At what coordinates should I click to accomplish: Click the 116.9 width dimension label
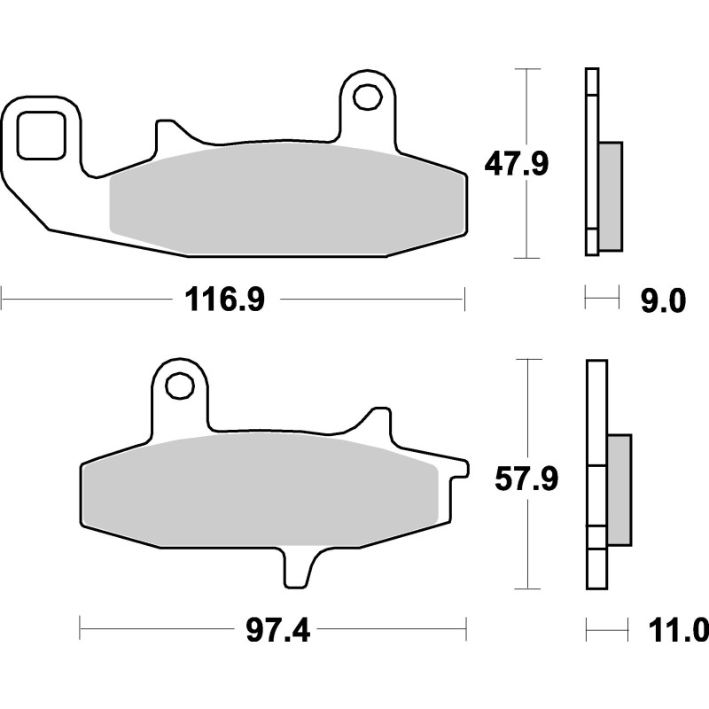224,300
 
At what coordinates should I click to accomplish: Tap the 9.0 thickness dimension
663,301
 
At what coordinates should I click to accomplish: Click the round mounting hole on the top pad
366,95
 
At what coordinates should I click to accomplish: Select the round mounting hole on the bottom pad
180,386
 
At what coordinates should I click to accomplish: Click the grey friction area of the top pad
284,199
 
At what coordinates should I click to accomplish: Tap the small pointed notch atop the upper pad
165,134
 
